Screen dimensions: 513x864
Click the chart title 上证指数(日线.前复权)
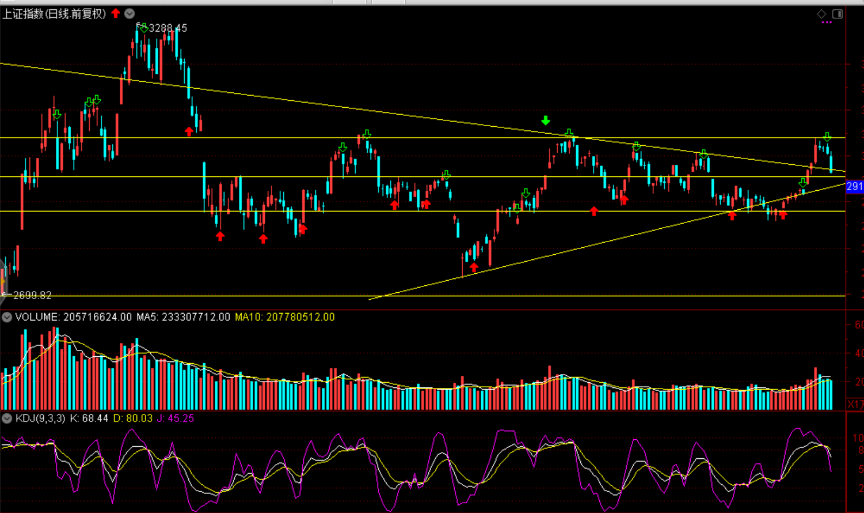(54, 14)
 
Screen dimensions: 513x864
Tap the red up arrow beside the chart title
(116, 13)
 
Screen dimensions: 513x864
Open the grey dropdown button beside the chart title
(130, 13)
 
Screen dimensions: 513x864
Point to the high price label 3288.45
(168, 28)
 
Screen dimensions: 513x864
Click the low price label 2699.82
(32, 295)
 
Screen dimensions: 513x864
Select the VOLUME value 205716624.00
(97, 317)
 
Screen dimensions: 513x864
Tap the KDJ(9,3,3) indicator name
(40, 418)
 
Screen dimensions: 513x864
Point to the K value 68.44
(95, 418)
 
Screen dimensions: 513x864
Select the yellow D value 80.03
(139, 418)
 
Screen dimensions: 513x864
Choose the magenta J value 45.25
(180, 418)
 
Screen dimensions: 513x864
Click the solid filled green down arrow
(546, 120)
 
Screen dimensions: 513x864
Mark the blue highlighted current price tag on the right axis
(855, 186)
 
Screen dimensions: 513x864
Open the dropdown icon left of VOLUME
(7, 317)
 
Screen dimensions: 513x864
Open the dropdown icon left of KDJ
(7, 418)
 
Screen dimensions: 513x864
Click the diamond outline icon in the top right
(822, 14)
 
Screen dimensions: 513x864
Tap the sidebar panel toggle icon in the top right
(838, 14)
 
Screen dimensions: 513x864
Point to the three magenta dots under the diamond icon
(827, 22)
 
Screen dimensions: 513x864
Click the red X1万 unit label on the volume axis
(855, 404)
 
